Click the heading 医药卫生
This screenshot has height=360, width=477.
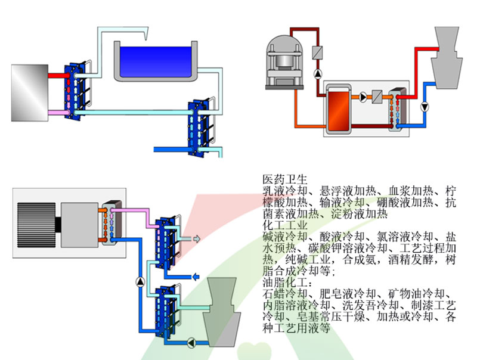284,179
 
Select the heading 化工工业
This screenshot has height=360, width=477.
284,225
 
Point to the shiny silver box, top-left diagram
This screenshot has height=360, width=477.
29,93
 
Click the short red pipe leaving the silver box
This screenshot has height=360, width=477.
58,76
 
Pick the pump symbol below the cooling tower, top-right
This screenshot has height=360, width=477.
424,107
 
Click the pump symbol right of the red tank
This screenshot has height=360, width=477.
363,96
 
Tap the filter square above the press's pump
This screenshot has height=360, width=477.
317,52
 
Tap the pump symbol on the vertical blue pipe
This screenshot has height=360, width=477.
140,281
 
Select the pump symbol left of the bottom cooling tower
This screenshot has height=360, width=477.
191,342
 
